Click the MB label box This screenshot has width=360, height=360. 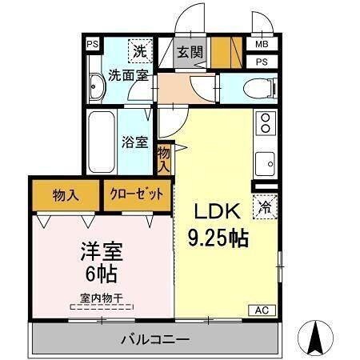click(x=262, y=45)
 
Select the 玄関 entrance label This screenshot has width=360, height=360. click(x=190, y=53)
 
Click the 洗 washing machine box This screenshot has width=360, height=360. click(x=141, y=50)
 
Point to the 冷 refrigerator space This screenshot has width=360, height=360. click(x=265, y=206)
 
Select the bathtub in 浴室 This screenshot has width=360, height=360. click(x=102, y=142)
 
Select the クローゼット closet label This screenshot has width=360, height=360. click(x=137, y=194)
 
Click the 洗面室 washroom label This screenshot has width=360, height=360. click(x=126, y=77)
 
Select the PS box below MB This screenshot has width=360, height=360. click(x=262, y=62)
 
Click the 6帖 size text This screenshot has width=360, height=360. click(x=102, y=275)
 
